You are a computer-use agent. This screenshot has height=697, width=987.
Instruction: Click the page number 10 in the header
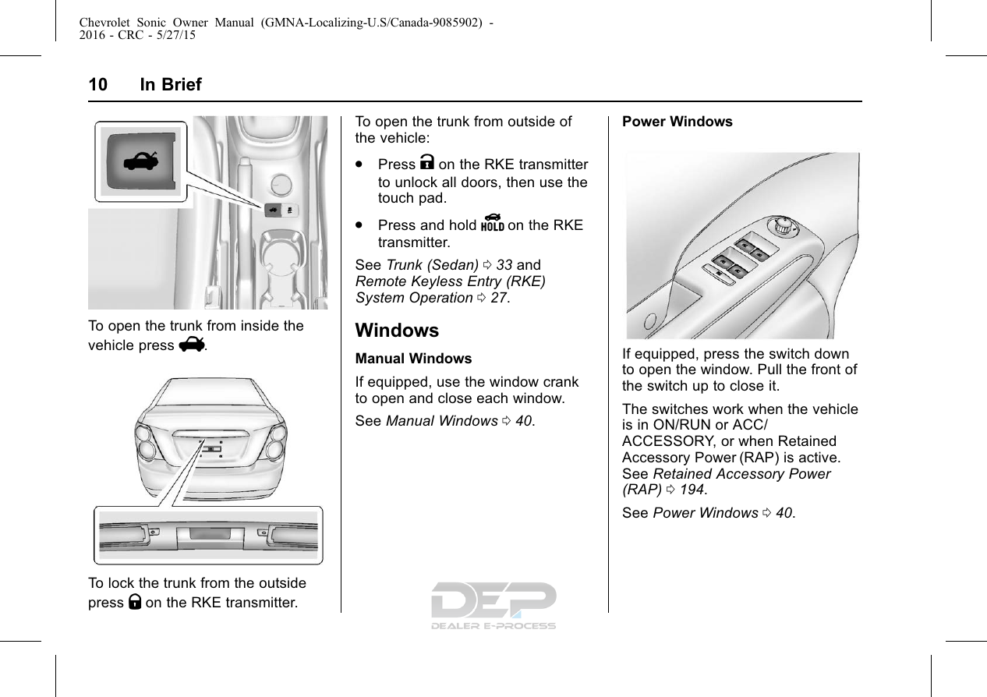click(x=97, y=85)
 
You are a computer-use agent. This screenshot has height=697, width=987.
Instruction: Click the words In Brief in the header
click(x=171, y=85)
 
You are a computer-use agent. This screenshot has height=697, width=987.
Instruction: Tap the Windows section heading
click(x=397, y=331)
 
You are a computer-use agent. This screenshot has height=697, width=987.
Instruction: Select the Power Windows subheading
click(x=677, y=122)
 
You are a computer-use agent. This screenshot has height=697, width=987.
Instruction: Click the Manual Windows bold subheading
click(x=413, y=359)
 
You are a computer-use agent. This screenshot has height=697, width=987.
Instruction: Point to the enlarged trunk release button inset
click(x=141, y=161)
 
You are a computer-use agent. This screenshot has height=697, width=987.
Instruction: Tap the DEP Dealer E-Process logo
click(x=493, y=605)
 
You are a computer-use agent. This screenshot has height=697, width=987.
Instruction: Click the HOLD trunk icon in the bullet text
click(x=492, y=225)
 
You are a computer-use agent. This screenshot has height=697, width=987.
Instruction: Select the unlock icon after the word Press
click(x=428, y=165)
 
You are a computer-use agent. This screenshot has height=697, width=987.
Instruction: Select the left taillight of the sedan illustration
click(x=147, y=443)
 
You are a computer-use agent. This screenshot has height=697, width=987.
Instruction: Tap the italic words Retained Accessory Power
click(x=741, y=474)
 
